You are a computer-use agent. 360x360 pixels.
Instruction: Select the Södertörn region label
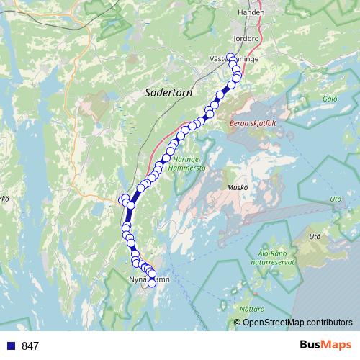[x=167, y=92]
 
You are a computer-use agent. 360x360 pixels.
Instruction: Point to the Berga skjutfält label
[x=248, y=123]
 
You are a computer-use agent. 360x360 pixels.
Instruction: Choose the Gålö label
[x=330, y=98]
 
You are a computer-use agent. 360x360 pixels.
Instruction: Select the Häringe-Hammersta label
[x=187, y=163]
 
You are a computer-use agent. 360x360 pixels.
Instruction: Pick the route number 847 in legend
[x=30, y=346]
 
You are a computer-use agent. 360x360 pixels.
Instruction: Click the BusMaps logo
[x=325, y=346]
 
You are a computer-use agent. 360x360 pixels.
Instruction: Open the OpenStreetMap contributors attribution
[x=297, y=323]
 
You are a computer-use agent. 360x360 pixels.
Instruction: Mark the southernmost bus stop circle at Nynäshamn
[x=152, y=284]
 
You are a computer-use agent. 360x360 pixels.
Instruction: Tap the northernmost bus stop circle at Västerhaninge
[x=232, y=58]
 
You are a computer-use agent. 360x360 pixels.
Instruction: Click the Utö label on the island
[x=313, y=236]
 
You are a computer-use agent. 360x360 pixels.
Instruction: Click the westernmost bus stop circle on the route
[x=121, y=199]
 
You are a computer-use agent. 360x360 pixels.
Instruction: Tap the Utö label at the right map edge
[x=335, y=199]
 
